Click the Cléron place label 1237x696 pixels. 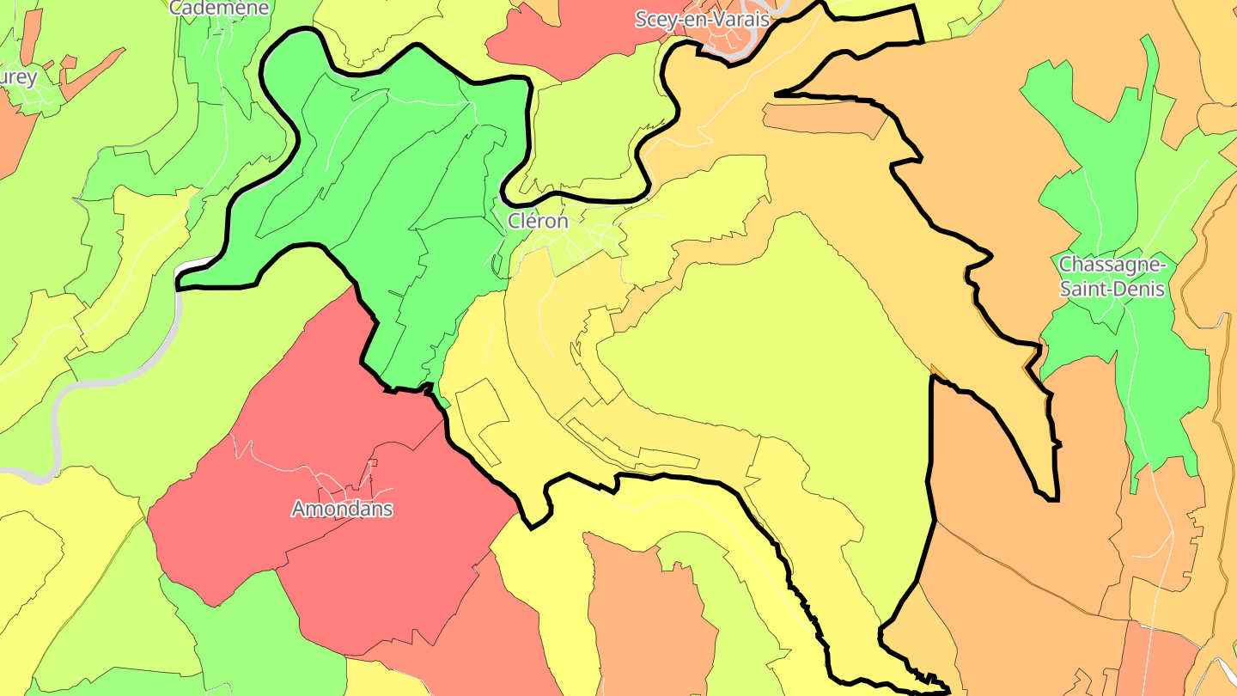click(538, 221)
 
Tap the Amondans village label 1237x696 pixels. click(342, 509)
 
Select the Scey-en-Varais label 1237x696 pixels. click(703, 19)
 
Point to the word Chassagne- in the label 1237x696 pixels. click(1112, 264)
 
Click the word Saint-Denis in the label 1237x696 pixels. click(1112, 289)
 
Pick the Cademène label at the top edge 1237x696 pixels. click(220, 8)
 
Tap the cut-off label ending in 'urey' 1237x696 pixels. click(18, 77)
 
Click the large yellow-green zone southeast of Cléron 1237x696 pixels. click(773, 344)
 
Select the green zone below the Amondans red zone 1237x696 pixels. click(258, 636)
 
